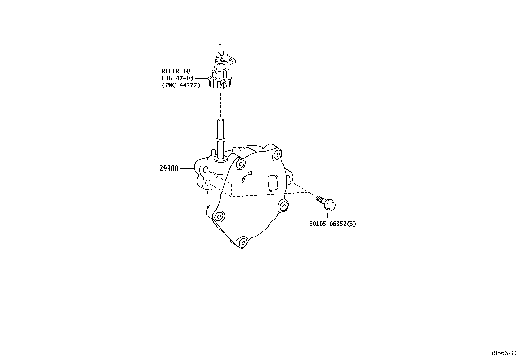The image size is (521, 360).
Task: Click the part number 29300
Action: pyautogui.click(x=169, y=168)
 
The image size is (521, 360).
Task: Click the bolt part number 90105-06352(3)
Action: pyautogui.click(x=332, y=224)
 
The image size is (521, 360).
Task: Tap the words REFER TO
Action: pyautogui.click(x=176, y=71)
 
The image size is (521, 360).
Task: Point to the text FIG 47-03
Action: pyautogui.click(x=177, y=78)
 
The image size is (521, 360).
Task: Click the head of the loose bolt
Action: pyautogui.click(x=330, y=205)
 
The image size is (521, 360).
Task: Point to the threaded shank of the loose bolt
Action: pyautogui.click(x=320, y=199)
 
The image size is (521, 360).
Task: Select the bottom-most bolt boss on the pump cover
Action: pyautogui.click(x=243, y=243)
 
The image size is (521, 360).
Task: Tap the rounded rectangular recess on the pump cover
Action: pyautogui.click(x=273, y=183)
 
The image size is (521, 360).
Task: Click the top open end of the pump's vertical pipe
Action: pyautogui.click(x=220, y=121)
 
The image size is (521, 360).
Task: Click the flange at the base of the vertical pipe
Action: pyautogui.click(x=220, y=160)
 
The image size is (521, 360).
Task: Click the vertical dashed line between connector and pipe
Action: pyautogui.click(x=221, y=105)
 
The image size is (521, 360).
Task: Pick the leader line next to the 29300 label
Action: pyautogui.click(x=187, y=168)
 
